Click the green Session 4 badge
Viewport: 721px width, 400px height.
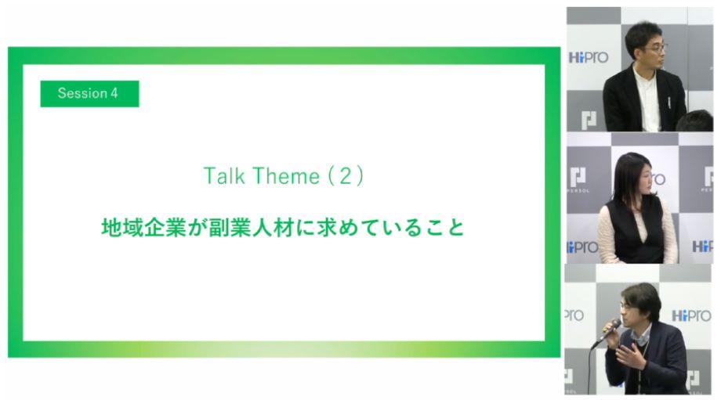pyautogui.click(x=89, y=94)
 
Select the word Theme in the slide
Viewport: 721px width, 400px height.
pyautogui.click(x=286, y=176)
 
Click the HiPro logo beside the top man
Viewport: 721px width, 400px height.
pyautogui.click(x=588, y=57)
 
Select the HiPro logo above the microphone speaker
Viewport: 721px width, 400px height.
pyautogui.click(x=691, y=315)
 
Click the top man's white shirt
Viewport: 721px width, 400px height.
pyautogui.click(x=647, y=98)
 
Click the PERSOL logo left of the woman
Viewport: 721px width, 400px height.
pyautogui.click(x=578, y=180)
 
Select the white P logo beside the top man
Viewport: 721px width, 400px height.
pyautogui.click(x=589, y=120)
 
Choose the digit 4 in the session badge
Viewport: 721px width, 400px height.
pyautogui.click(x=114, y=93)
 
